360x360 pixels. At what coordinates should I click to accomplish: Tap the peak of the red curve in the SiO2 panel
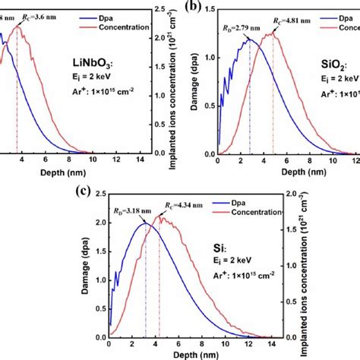tap(273, 31)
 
